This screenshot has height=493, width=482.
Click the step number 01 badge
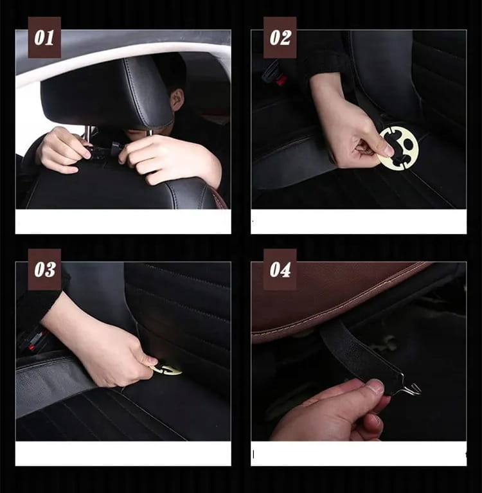44,37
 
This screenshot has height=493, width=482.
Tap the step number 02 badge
280,37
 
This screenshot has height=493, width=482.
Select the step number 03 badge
44,269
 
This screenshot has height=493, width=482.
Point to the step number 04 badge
280,269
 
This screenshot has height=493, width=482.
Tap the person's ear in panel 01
177,100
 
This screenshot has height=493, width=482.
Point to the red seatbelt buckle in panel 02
281,80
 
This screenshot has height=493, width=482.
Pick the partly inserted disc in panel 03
166,370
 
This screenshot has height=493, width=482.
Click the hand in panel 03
103,349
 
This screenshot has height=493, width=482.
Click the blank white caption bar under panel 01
123,221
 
